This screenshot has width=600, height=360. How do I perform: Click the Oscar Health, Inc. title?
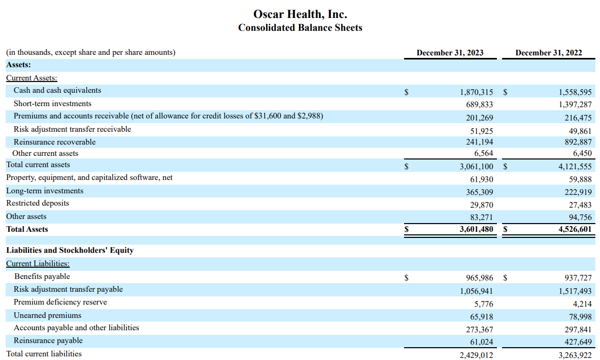pos(300,14)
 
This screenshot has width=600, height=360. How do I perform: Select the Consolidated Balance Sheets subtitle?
pos(300,28)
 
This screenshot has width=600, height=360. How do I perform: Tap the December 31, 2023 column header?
pos(450,52)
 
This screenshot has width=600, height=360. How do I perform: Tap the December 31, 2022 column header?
pos(548,52)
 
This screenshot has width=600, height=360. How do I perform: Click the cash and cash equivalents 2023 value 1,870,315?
pos(476,92)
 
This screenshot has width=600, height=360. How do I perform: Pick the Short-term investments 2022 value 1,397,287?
pos(575,105)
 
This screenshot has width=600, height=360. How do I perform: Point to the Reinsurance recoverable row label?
pos(54,142)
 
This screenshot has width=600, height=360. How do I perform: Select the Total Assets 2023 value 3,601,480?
pos(476,230)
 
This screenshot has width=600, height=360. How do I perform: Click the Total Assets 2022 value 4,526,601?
pos(575,230)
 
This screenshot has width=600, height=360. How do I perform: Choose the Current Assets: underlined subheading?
pos(32,78)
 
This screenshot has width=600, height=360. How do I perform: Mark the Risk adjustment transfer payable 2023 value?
pos(476,291)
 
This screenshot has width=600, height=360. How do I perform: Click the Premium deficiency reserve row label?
pos(60,302)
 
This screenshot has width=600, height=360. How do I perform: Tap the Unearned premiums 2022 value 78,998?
pos(578,317)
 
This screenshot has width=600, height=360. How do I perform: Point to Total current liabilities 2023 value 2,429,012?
pos(476,355)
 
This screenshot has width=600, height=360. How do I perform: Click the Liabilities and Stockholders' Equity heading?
pos(70,250)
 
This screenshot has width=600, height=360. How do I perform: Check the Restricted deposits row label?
pos(37,203)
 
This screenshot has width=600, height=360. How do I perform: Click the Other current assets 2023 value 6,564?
pos(484,153)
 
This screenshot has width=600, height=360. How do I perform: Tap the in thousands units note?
pos(91,52)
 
